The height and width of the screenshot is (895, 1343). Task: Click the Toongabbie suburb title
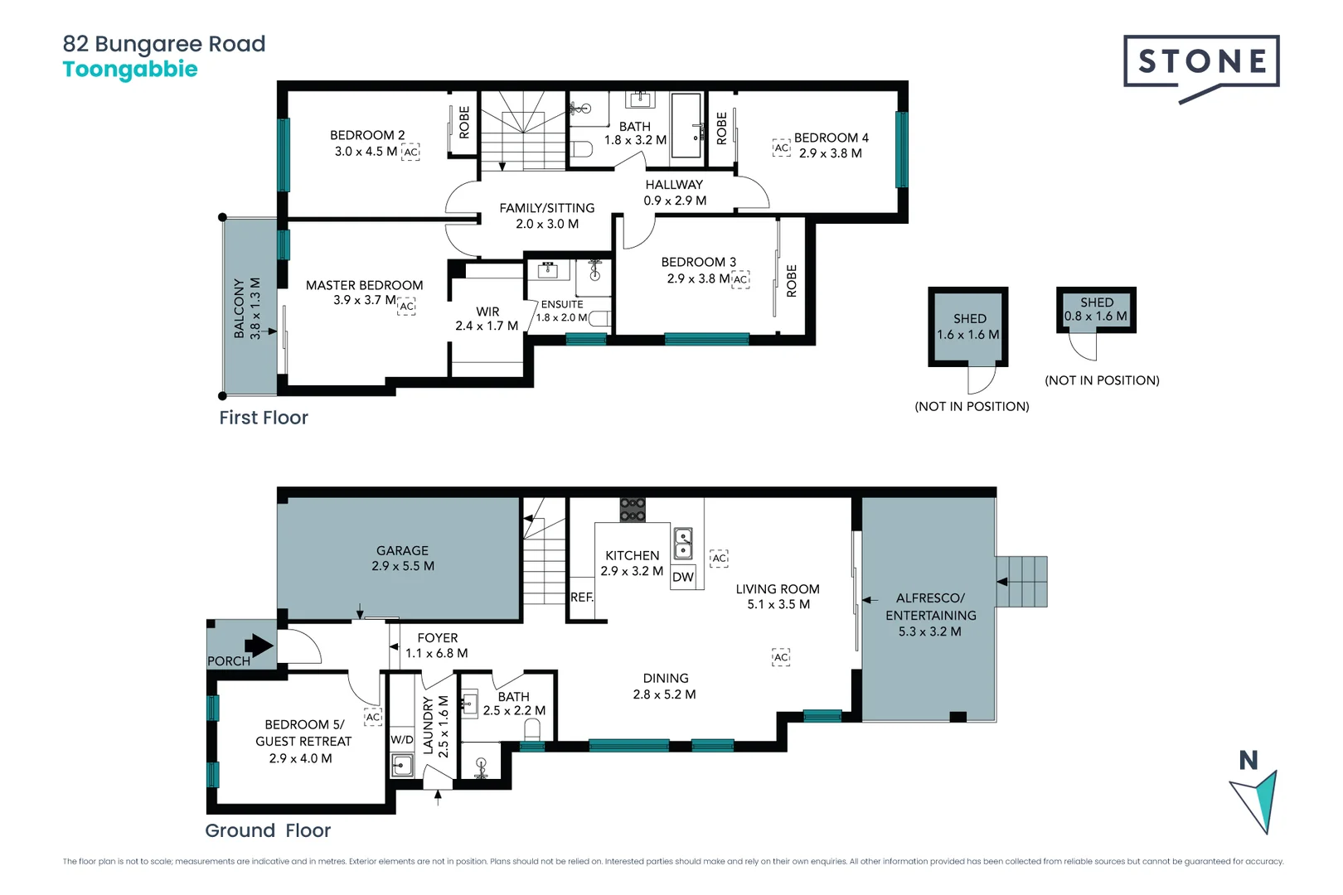tap(130, 70)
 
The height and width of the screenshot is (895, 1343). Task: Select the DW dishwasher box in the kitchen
tap(683, 577)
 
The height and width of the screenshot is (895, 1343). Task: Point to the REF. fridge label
tap(582, 597)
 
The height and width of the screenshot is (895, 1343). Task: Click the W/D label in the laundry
tap(402, 740)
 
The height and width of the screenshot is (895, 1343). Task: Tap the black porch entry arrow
tap(259, 646)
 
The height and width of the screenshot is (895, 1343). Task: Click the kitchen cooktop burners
tap(633, 510)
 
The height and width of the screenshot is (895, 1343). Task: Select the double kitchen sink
tap(683, 543)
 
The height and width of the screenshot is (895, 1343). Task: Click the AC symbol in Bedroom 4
tap(781, 148)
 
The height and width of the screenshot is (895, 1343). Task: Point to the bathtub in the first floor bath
tap(686, 125)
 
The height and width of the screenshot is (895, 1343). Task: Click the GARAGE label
tap(402, 550)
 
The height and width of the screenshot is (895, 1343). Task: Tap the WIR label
tap(487, 312)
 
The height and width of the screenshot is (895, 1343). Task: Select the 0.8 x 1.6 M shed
tap(1096, 310)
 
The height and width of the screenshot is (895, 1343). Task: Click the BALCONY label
tap(240, 308)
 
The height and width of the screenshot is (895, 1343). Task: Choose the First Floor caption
tap(263, 417)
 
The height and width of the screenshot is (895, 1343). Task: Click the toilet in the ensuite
tap(600, 318)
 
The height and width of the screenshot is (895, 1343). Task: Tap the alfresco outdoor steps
tap(1021, 582)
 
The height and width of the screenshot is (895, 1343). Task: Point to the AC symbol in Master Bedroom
tap(406, 306)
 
